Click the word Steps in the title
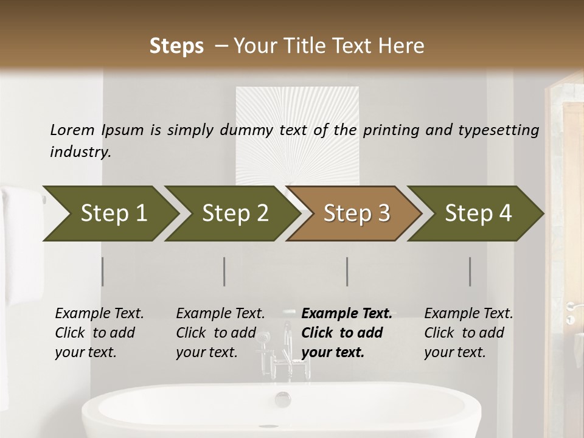click(176, 46)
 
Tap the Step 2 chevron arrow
click(234, 214)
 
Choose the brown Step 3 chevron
click(356, 214)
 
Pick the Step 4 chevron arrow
click(478, 214)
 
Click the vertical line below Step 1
click(103, 271)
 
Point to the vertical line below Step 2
click(224, 271)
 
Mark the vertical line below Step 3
click(347, 271)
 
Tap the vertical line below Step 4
click(470, 271)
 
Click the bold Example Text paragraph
click(347, 333)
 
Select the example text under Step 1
click(99, 333)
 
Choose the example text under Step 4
click(468, 333)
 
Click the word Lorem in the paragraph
click(72, 130)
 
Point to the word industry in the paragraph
click(80, 151)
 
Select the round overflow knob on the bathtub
click(283, 399)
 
